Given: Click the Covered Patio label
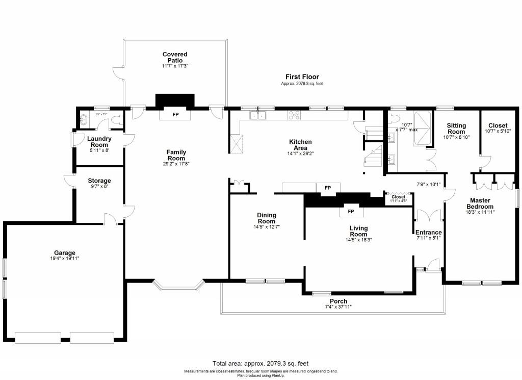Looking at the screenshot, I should (x=175, y=57).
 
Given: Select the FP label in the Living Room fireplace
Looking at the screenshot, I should (x=351, y=211).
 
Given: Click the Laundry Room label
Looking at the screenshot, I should (x=99, y=141).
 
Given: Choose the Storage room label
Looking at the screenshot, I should (x=99, y=181).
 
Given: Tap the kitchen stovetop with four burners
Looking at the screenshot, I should (x=295, y=115).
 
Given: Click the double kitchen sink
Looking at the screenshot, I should (x=258, y=116).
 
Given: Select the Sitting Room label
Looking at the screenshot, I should (x=456, y=128).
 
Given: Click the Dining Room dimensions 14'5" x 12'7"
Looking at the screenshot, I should (x=267, y=227).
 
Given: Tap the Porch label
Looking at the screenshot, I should (x=338, y=301).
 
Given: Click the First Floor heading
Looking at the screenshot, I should (x=302, y=77).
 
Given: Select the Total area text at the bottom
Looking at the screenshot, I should (x=260, y=364).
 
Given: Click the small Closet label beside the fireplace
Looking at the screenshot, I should (x=398, y=196).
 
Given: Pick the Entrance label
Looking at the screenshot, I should (x=428, y=233).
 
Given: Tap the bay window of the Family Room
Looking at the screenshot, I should (x=179, y=286).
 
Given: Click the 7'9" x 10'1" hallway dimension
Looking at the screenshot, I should (x=428, y=185).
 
